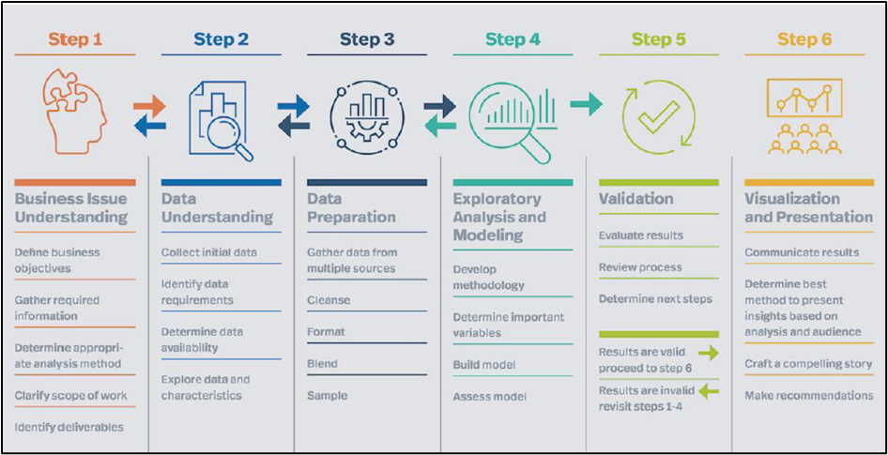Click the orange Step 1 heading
point(75,39)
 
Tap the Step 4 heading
point(513,39)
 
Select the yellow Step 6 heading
point(804,39)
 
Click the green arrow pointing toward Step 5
point(586,104)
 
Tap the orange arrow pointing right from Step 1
point(149,106)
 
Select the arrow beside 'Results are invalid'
point(709,390)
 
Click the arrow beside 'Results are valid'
point(709,354)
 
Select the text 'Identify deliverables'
point(69,427)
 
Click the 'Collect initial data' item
point(209,252)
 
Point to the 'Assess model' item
point(490,397)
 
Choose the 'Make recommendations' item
point(809,396)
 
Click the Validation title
point(636,199)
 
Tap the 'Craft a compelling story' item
point(808,364)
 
